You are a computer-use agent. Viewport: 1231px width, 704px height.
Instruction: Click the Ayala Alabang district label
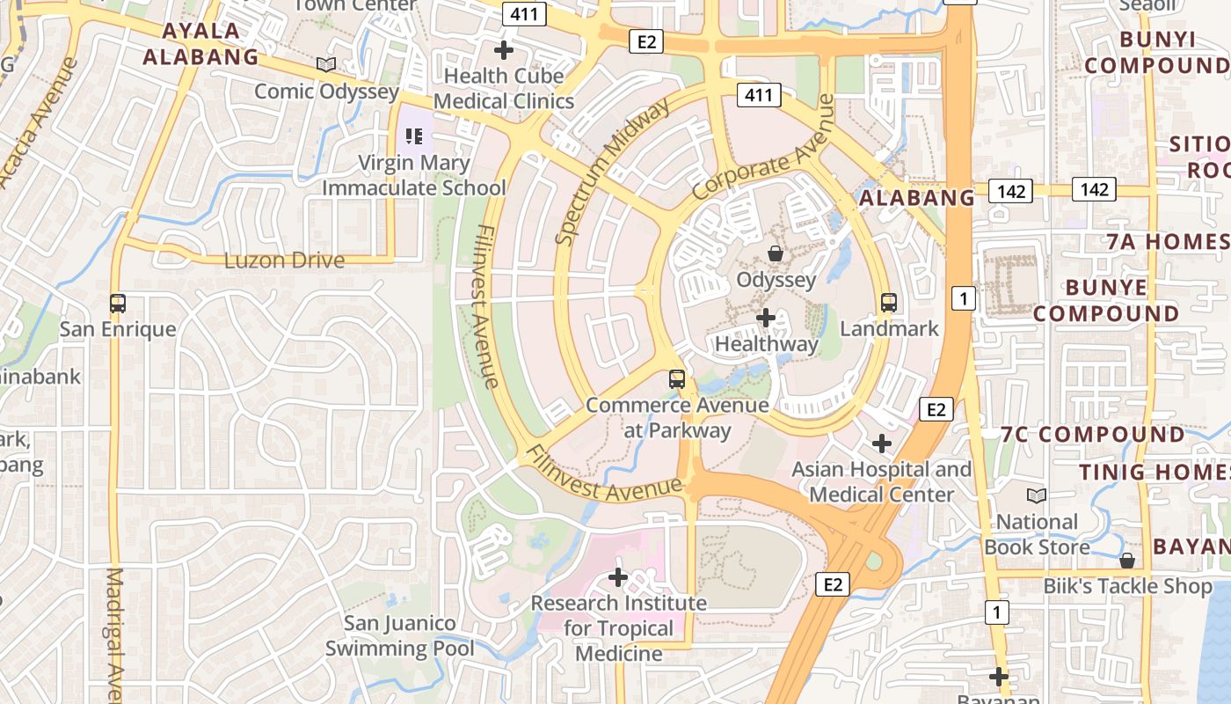pyautogui.click(x=200, y=44)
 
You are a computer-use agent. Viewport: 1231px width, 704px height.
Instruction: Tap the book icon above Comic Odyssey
pyautogui.click(x=326, y=64)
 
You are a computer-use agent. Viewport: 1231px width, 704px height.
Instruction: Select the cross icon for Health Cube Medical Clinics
pyautogui.click(x=504, y=49)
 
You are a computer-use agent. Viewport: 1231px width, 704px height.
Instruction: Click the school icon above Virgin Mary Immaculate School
pyautogui.click(x=414, y=136)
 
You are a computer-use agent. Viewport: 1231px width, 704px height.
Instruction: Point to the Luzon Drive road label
pyautogui.click(x=284, y=260)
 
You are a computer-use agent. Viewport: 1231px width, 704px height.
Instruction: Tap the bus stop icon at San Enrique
pyautogui.click(x=118, y=303)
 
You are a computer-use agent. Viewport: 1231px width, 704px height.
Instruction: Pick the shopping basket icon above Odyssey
pyautogui.click(x=776, y=253)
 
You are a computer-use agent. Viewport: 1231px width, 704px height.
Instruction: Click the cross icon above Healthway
pyautogui.click(x=766, y=317)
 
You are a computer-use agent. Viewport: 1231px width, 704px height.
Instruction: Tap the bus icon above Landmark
pyautogui.click(x=889, y=303)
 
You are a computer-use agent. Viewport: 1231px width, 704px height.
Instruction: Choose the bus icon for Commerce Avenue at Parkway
pyautogui.click(x=677, y=379)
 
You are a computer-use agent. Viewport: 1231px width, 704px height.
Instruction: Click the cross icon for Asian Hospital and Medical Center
pyautogui.click(x=882, y=443)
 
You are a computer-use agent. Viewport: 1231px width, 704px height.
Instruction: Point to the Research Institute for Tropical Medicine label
pyautogui.click(x=618, y=627)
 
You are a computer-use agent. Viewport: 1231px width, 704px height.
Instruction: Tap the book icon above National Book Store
pyautogui.click(x=1037, y=495)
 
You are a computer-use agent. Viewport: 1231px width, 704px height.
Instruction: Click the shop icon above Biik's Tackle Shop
pyautogui.click(x=1127, y=561)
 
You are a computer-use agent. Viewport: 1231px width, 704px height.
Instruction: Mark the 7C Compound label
pyautogui.click(x=1093, y=434)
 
